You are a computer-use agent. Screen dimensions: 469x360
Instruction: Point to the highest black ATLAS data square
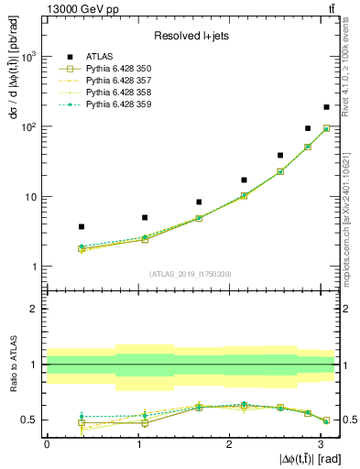coord(326,107)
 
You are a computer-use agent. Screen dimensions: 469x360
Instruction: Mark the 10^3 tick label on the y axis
coord(29,57)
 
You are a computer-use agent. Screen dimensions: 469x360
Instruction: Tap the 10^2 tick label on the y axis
coord(29,126)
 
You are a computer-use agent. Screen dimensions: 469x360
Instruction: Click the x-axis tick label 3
coord(321,443)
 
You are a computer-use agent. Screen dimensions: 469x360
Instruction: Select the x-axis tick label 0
coord(47,443)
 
